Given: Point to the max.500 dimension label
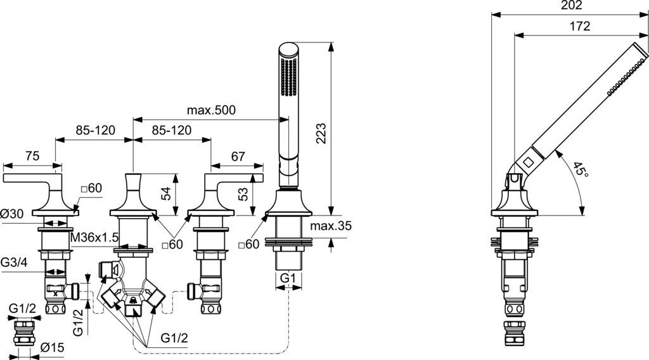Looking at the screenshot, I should point(211,110).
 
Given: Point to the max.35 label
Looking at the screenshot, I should point(331,226).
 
